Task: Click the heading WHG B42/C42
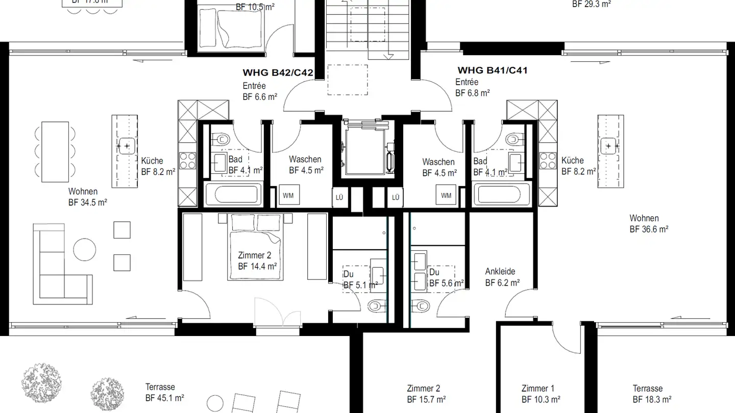pyautogui.click(x=278, y=73)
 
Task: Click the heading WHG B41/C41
pyautogui.click(x=492, y=70)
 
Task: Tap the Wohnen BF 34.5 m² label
pyautogui.click(x=88, y=197)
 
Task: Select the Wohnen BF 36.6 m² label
pyautogui.click(x=649, y=224)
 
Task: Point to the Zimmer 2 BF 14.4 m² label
pyautogui.click(x=257, y=261)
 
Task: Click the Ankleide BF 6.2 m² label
pyautogui.click(x=502, y=277)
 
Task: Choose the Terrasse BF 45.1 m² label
pyautogui.click(x=164, y=393)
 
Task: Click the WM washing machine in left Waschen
pyautogui.click(x=288, y=195)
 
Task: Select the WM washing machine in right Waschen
pyautogui.click(x=446, y=195)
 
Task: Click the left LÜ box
pyautogui.click(x=339, y=197)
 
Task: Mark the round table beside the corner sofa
pyautogui.click(x=84, y=250)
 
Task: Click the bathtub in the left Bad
pyautogui.click(x=233, y=195)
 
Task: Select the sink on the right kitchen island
pyautogui.click(x=610, y=146)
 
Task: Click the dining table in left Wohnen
pyautogui.click(x=55, y=151)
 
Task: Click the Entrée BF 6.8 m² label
pyautogui.click(x=472, y=87)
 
